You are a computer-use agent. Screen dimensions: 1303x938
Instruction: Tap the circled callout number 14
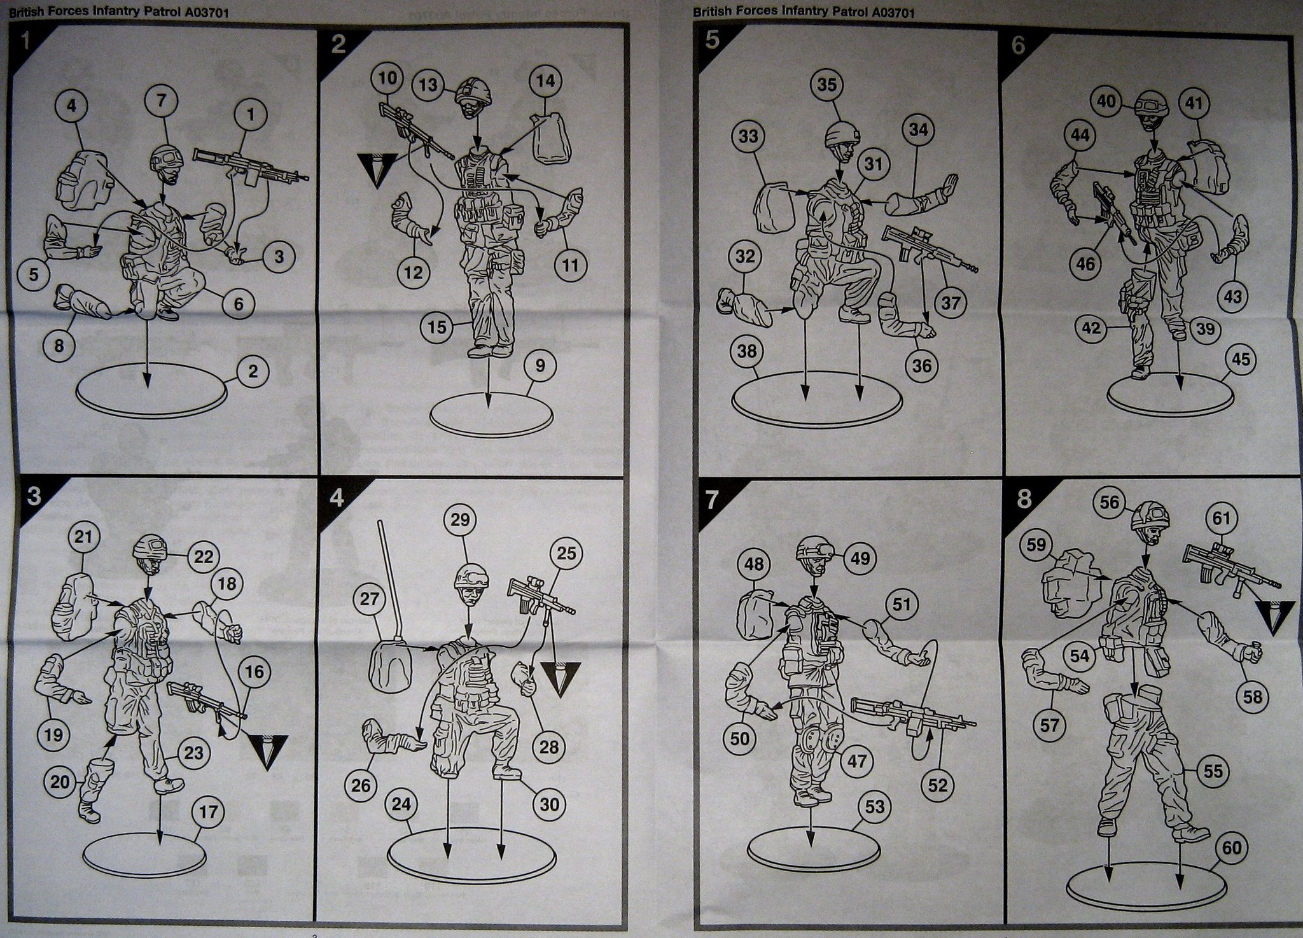(546, 81)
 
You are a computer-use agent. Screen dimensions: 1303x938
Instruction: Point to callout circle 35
(826, 85)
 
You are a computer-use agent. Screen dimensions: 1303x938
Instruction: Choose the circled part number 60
(1232, 848)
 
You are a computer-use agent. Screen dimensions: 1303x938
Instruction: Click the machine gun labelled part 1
(251, 167)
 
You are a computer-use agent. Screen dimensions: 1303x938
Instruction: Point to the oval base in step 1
(151, 391)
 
